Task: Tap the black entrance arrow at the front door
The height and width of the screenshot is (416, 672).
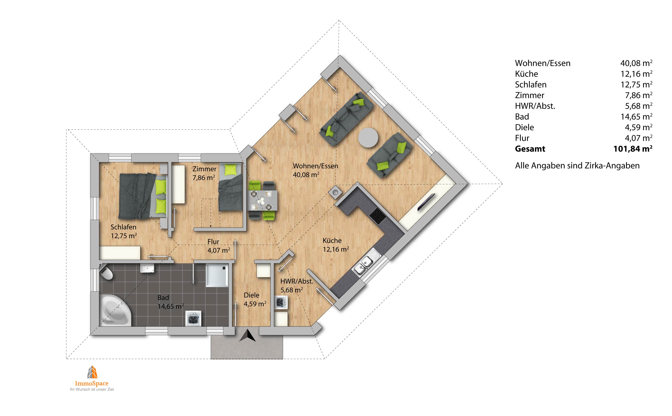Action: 247,336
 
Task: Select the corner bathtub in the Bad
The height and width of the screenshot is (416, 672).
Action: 115,310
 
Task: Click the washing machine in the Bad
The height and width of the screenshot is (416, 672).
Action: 193,318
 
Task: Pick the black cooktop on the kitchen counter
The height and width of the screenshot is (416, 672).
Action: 378,216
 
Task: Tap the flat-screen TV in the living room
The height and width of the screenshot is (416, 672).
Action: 426,202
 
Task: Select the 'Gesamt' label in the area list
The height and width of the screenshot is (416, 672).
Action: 530,149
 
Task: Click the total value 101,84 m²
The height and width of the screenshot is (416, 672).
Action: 633,149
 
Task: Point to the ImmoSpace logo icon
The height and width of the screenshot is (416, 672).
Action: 92,372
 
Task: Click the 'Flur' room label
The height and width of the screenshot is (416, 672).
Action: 213,242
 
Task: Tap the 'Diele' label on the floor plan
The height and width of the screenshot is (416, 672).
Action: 251,295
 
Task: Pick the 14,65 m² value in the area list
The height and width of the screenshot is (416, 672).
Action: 636,117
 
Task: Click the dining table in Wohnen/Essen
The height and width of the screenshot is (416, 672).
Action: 263,200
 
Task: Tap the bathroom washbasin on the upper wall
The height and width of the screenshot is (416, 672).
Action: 147,268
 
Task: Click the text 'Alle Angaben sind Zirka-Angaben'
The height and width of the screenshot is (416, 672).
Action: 577,166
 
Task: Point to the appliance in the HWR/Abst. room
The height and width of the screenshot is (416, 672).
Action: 281,303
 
